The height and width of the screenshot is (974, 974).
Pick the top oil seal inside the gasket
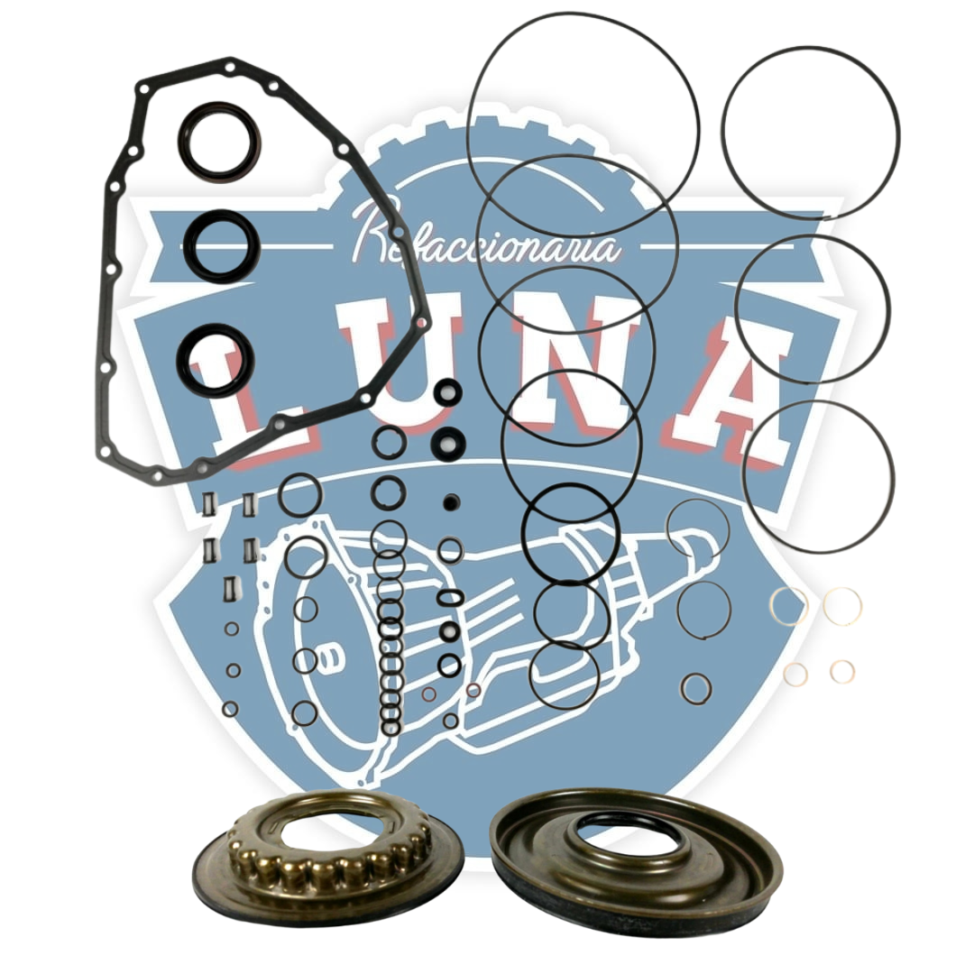pyautogui.click(x=219, y=142)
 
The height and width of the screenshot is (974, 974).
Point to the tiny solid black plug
pyautogui.click(x=452, y=501)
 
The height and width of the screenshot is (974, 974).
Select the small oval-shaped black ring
pyautogui.click(x=450, y=598)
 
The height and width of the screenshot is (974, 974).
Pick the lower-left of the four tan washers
pyautogui.click(x=795, y=674)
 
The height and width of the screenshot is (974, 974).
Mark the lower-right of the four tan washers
pyautogui.click(x=842, y=671)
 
